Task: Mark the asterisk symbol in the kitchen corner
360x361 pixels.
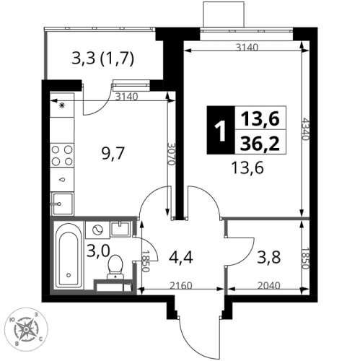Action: [61, 105]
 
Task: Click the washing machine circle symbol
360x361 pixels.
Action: [96, 230]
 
